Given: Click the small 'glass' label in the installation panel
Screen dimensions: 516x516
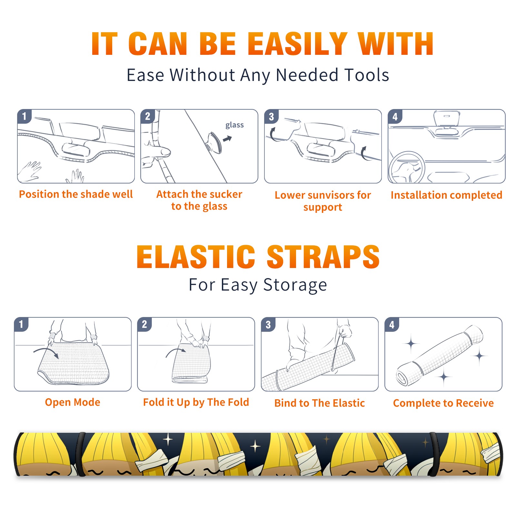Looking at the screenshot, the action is [x=234, y=125].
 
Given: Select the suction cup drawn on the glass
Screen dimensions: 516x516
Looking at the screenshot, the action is [x=214, y=142].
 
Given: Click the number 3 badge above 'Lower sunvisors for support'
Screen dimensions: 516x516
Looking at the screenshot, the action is [x=272, y=117].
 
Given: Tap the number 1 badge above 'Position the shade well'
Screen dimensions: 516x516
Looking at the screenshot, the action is [x=25, y=116].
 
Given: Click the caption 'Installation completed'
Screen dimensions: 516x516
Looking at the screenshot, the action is [x=446, y=195].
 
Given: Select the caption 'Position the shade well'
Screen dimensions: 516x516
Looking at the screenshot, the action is [x=76, y=194].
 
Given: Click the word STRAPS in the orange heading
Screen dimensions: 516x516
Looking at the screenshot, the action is [x=323, y=257].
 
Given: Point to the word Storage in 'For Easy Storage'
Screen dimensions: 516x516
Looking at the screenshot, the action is [x=295, y=285].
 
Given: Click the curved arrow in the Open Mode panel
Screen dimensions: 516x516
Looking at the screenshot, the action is [x=46, y=352].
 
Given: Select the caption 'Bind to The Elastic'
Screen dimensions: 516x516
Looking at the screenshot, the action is [x=320, y=403].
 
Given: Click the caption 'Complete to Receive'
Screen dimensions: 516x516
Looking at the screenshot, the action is [x=443, y=403].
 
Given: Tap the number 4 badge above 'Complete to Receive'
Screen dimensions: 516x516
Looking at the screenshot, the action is [x=392, y=324].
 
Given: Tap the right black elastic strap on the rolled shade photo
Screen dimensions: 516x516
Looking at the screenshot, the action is [x=434, y=454].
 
